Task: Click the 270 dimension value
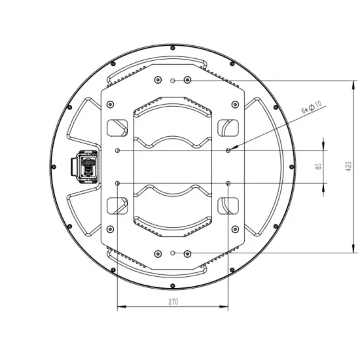[173, 302]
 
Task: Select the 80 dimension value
[318, 166]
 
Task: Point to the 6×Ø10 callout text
[310, 107]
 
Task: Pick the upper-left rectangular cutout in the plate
[117, 128]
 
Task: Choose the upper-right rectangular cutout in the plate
[227, 128]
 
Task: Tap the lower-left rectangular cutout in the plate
[117, 206]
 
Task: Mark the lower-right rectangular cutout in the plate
[227, 206]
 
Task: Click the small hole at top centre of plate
[172, 81]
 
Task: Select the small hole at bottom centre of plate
[172, 253]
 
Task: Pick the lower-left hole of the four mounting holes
[117, 182]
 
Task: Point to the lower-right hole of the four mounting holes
[227, 182]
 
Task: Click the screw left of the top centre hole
[156, 80]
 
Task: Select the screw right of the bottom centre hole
[188, 253]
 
